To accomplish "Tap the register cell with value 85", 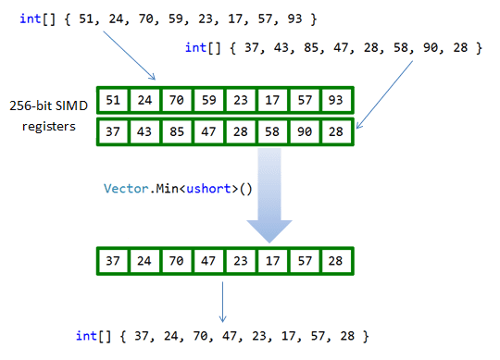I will point(177,132).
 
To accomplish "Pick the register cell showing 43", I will point(144,132).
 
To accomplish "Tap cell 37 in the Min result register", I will point(113,261).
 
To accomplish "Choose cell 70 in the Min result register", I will point(177,261).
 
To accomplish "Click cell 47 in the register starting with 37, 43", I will point(209,132).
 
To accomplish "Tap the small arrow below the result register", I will point(223,300).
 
